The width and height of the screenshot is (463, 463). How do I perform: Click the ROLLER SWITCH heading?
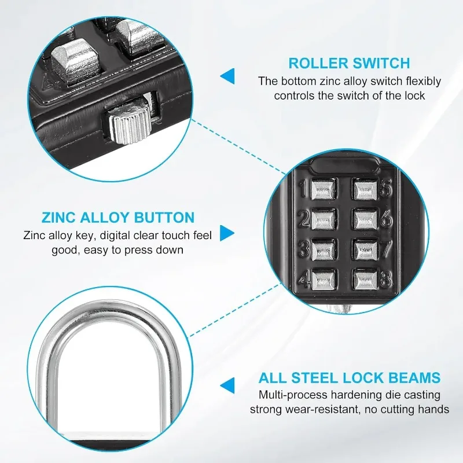click(x=350, y=64)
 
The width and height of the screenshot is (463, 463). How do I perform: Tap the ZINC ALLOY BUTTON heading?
click(x=118, y=218)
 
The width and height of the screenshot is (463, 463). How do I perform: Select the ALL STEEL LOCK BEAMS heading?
click(x=350, y=378)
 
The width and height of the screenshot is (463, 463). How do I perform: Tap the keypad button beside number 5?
click(x=365, y=190)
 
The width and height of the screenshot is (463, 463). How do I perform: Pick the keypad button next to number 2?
click(x=324, y=220)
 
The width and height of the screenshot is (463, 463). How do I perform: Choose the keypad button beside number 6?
click(x=366, y=220)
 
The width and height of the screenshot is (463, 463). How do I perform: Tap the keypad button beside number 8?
click(x=366, y=280)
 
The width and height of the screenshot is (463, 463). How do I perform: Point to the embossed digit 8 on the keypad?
click(x=386, y=279)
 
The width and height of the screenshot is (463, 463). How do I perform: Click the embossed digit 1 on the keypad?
click(x=303, y=189)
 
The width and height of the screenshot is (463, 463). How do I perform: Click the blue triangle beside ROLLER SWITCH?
click(x=227, y=76)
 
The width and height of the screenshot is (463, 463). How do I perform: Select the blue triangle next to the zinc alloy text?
click(x=227, y=233)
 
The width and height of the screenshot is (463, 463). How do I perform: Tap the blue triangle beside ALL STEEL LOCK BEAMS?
click(x=227, y=385)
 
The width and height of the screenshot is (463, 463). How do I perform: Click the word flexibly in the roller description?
click(x=423, y=82)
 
